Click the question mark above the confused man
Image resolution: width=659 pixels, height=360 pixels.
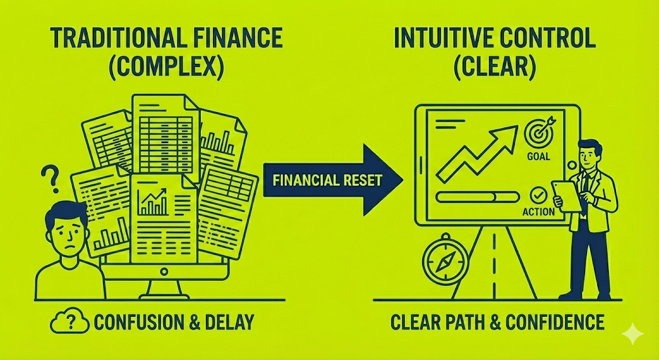coord(46,175)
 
